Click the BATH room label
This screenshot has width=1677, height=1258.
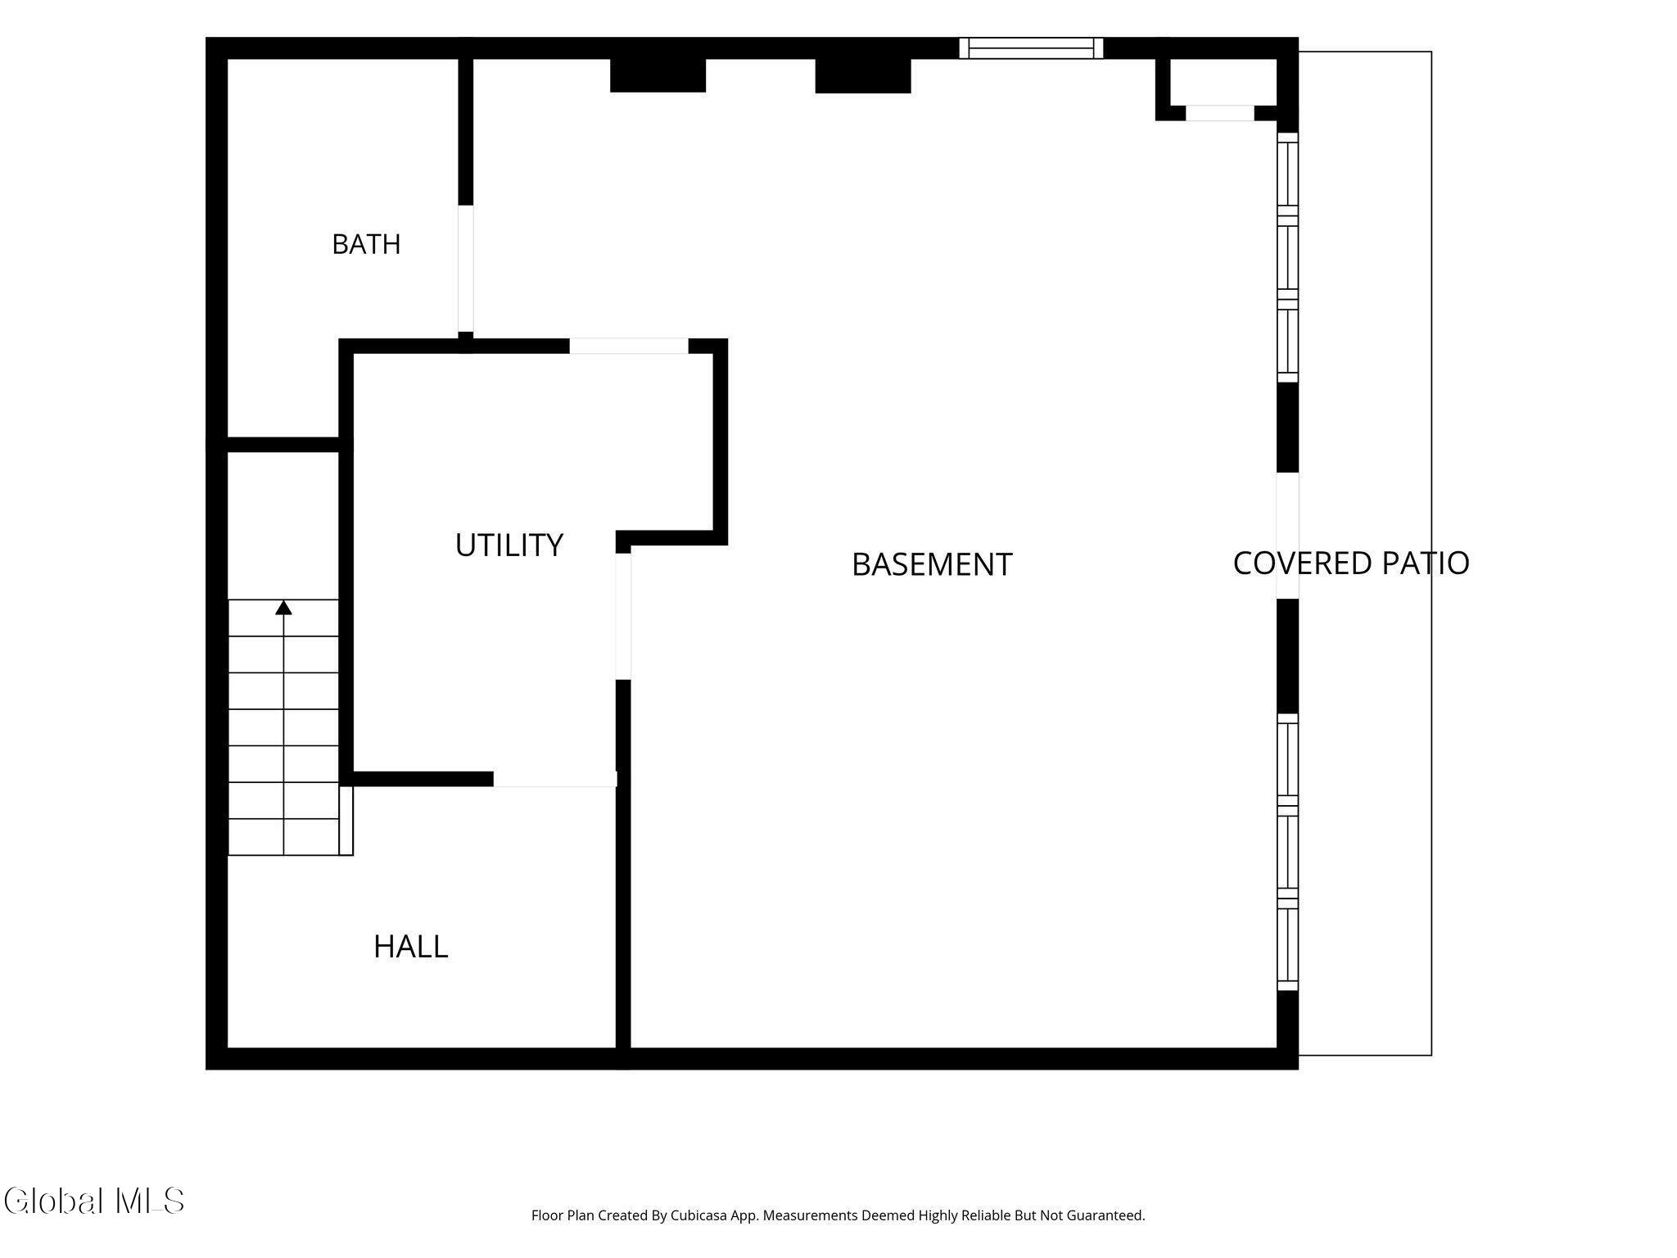366,244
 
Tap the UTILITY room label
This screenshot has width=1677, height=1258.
509,545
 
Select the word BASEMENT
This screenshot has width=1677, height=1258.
932,564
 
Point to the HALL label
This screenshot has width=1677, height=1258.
410,947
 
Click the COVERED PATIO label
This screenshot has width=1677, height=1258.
1351,563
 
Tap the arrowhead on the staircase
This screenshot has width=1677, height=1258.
283,607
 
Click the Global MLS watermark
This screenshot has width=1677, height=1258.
93,1201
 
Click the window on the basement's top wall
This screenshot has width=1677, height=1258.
1031,48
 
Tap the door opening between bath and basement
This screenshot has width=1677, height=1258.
465,268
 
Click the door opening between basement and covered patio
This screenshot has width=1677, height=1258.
1287,536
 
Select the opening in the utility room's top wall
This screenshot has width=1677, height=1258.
629,346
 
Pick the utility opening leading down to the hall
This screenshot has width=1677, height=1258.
554,779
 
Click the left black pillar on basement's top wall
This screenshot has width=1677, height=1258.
658,75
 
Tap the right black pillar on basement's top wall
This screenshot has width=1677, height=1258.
863,75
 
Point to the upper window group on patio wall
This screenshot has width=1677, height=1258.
1288,257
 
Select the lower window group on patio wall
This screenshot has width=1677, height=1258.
1288,852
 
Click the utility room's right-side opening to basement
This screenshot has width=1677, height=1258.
623,616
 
